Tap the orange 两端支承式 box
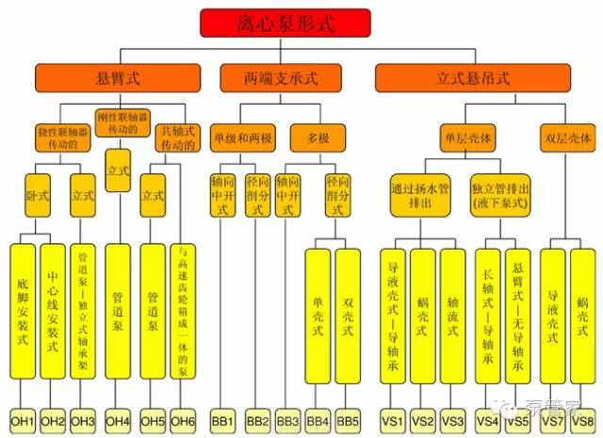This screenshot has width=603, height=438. pyautogui.click(x=285, y=77)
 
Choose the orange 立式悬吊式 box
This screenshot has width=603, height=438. pyautogui.click(x=472, y=77)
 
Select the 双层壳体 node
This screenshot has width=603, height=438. pyautogui.click(x=568, y=138)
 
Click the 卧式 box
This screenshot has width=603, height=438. pyautogui.click(x=39, y=197)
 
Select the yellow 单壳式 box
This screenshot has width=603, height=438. pyautogui.click(x=318, y=316)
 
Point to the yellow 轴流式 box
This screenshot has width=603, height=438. pyautogui.click(x=453, y=316)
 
